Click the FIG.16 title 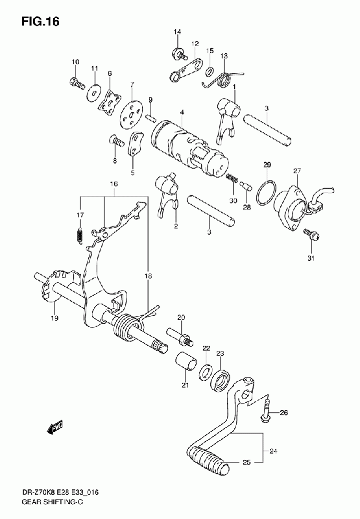click(40, 22)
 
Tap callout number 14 click(177, 32)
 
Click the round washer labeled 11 click(94, 91)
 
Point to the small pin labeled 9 click(150, 118)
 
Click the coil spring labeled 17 click(80, 236)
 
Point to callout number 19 click(54, 318)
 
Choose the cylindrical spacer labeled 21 click(186, 362)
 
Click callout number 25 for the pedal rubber click(246, 462)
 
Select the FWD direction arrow click(55, 428)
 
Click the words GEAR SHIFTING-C click(52, 502)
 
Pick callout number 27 click(297, 171)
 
